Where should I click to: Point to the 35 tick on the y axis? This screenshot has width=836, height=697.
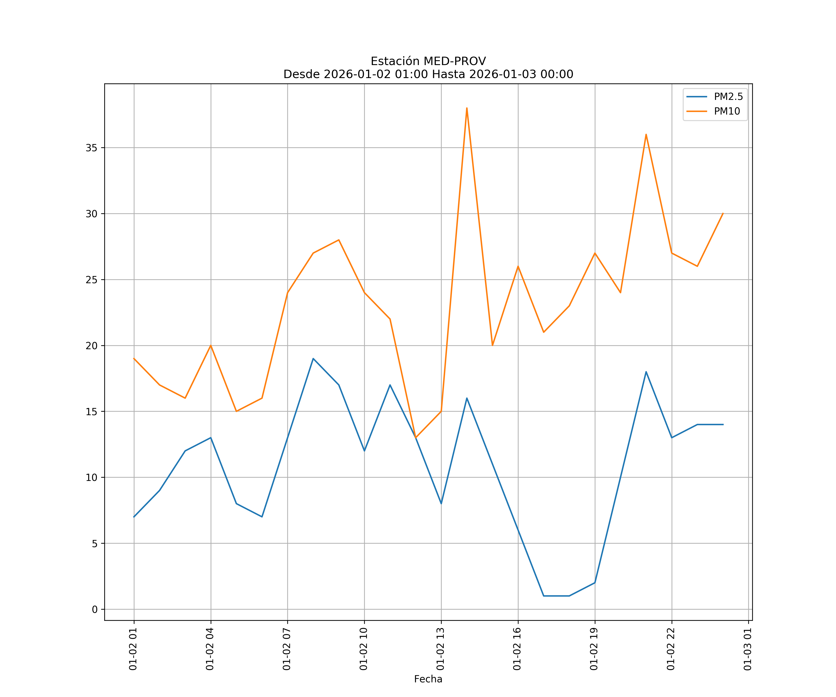91,148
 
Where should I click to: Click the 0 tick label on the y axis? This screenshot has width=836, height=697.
94,609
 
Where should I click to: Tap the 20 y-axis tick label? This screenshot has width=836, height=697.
91,346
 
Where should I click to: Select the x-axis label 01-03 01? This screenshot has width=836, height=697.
748,649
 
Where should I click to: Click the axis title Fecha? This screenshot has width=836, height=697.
428,679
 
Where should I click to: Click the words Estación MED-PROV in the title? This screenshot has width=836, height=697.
428,61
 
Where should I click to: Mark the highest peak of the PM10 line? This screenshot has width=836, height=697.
467,108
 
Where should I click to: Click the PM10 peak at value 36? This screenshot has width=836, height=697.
646,134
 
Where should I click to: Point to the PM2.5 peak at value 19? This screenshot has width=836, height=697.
313,358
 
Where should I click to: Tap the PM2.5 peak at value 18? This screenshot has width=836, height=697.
646,372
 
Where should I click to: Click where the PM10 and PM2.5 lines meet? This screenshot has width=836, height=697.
416,438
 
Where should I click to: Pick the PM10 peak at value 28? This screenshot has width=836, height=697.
339,240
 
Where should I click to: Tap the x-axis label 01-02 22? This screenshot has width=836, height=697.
671,649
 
